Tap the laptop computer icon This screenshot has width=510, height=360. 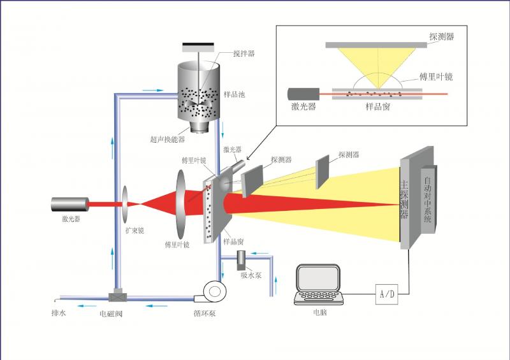coord(319,285)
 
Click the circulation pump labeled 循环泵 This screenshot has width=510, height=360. coord(214,292)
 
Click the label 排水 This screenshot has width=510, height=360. coord(58,313)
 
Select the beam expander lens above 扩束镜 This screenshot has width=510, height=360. coord(124,204)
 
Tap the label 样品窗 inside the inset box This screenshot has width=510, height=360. coord(378,107)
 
